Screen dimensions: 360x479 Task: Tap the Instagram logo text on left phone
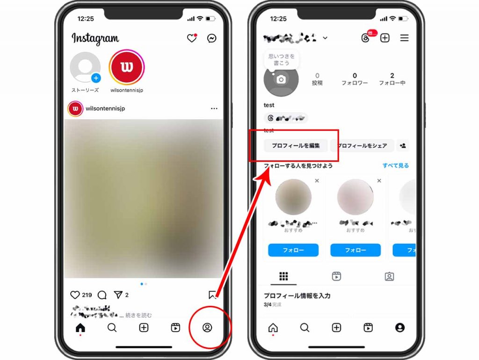[95, 38]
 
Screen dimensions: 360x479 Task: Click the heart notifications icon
[192, 38]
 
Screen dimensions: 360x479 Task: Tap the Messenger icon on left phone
[212, 38]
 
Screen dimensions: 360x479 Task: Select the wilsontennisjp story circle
[127, 67]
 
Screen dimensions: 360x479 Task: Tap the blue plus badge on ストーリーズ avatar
[96, 78]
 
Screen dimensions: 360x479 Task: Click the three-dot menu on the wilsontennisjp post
[214, 108]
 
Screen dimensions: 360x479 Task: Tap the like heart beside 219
[75, 295]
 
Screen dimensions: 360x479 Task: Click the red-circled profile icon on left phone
[207, 328]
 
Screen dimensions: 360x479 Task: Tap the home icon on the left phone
[80, 328]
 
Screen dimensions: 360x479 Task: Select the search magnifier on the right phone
[305, 328]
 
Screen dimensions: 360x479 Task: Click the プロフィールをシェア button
[362, 146]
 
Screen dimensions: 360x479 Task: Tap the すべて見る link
[396, 166]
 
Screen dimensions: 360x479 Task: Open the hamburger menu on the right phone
[404, 38]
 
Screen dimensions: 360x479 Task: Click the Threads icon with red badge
[366, 38]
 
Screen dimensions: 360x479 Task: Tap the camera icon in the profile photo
[281, 79]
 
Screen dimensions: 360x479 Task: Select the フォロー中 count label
[392, 83]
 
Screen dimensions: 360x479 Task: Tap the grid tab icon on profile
[283, 276]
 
